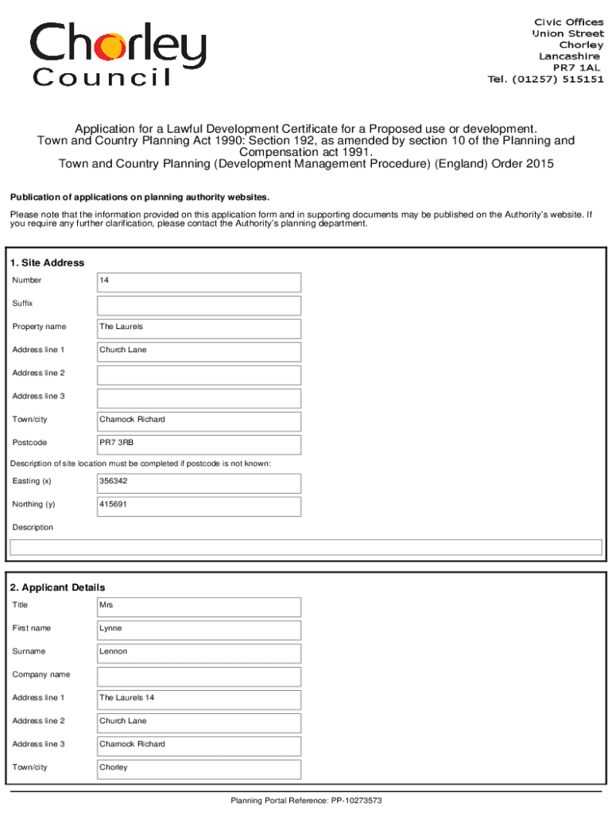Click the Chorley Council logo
[118, 52]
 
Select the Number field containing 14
[199, 281]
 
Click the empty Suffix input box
[199, 305]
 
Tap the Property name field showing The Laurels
[199, 328]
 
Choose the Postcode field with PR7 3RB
[199, 444]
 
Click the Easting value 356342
[199, 482]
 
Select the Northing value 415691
[199, 506]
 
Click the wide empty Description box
[305, 547]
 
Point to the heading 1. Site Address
[47, 263]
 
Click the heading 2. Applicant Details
[57, 587]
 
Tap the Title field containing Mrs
[199, 606]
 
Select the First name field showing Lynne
[199, 629]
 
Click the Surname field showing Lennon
[199, 653]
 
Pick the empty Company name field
[199, 676]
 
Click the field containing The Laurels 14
[199, 699]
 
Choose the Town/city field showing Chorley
[199, 768]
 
